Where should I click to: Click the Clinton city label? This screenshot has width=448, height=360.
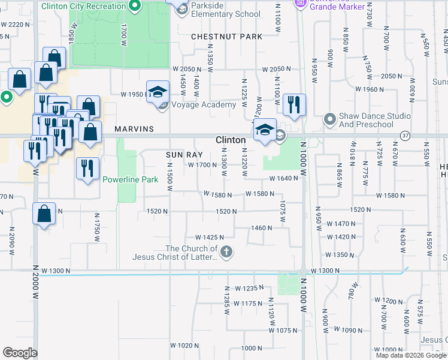tap(231, 140)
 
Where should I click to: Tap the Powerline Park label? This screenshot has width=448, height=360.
tap(130, 179)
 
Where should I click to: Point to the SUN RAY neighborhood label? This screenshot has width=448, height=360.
tap(182, 154)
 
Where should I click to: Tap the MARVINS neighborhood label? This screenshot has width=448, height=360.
tap(134, 129)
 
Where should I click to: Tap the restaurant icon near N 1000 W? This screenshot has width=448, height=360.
tap(293, 106)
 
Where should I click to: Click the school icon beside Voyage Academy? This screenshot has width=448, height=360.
tap(158, 93)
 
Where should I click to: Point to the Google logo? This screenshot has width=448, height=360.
tap(20, 353)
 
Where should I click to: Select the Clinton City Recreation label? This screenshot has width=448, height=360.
tap(84, 6)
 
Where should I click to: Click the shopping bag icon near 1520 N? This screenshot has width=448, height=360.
tap(44, 214)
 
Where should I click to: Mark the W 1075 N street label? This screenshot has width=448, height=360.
tap(284, 331)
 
